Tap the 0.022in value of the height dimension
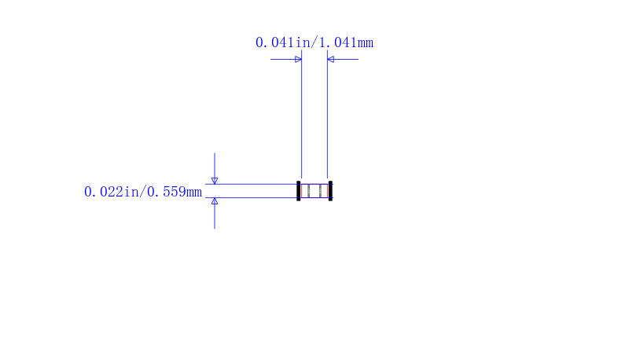click(104, 192)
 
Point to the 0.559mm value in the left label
click(175, 192)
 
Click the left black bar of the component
click(299, 191)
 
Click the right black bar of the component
click(330, 191)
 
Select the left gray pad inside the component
click(308, 191)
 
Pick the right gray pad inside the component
click(320, 191)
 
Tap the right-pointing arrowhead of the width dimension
click(298, 59)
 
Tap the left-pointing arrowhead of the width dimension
click(330, 59)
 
